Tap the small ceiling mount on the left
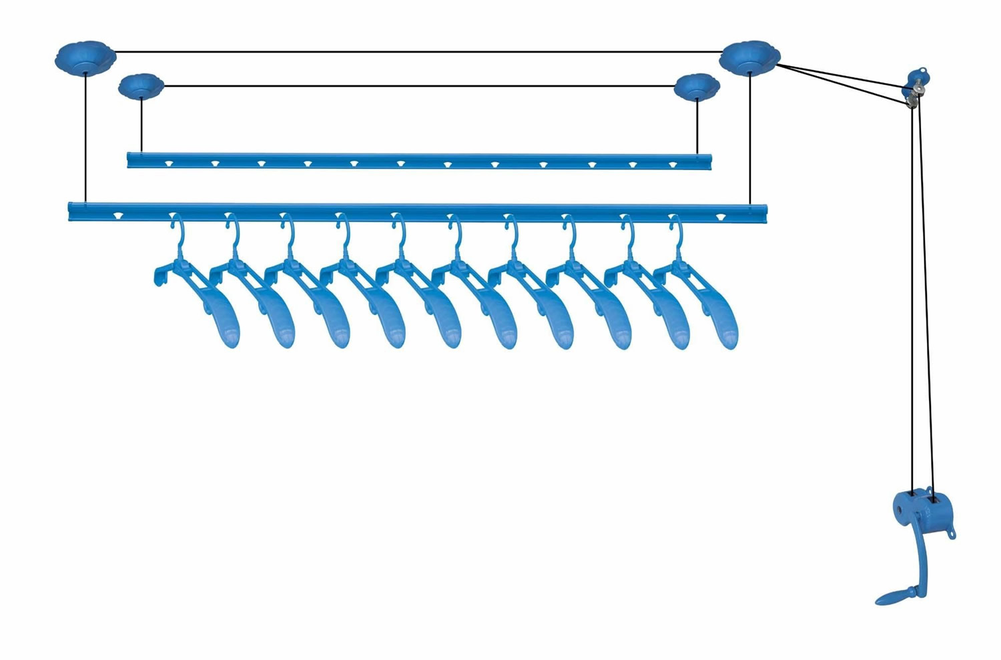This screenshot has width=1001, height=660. [141, 85]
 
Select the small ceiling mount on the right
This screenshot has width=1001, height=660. [697, 86]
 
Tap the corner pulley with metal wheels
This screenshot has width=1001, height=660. [914, 87]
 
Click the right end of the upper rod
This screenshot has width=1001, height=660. [707, 161]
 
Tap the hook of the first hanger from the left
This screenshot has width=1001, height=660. [178, 230]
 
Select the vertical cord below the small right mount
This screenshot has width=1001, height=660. [697, 127]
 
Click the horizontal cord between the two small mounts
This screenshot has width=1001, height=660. [419, 85]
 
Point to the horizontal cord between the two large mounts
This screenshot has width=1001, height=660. [419, 51]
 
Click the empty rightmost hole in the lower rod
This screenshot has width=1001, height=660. [720, 217]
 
